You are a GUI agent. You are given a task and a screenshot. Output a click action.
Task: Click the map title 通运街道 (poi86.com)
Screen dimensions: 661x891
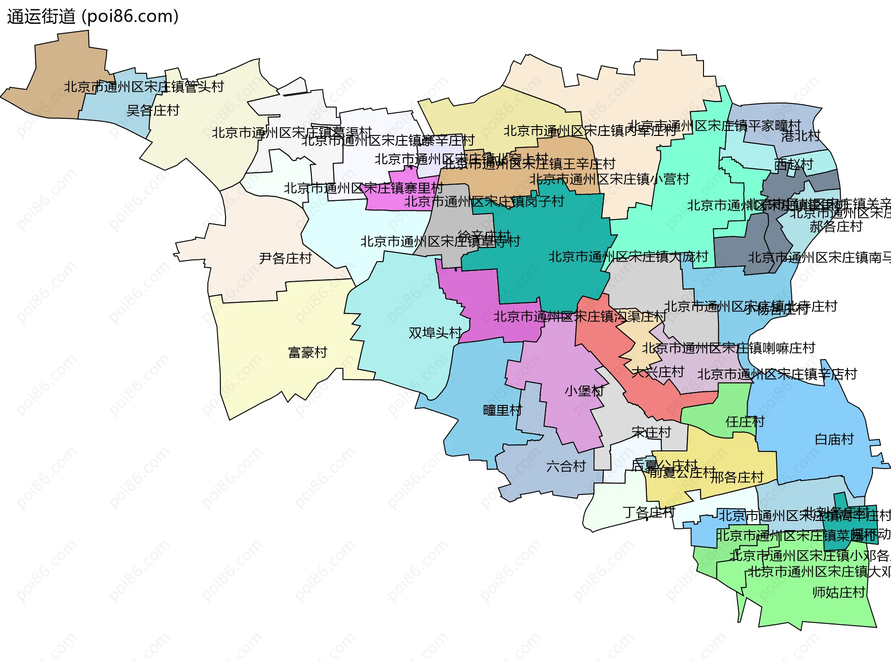[93, 17]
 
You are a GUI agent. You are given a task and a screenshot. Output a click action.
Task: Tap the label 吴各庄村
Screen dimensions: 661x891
[153, 110]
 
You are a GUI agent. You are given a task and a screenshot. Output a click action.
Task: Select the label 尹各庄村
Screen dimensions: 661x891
[285, 258]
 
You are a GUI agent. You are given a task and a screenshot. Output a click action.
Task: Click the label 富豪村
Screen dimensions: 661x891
[308, 353]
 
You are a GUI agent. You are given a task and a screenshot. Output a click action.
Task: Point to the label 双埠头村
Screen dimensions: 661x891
[435, 333]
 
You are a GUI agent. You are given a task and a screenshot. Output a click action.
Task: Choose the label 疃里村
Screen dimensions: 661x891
[503, 411]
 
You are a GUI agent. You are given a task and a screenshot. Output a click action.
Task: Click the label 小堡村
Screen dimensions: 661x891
[584, 391]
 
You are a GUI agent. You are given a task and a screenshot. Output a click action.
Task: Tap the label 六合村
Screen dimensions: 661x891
[566, 466]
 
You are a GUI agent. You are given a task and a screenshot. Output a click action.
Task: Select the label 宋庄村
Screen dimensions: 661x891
[651, 433]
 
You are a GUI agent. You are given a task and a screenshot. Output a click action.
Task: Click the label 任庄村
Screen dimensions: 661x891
[745, 422]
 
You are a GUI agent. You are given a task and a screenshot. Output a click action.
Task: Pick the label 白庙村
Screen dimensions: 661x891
[834, 439]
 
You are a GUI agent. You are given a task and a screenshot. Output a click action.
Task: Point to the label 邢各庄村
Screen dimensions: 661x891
[737, 477]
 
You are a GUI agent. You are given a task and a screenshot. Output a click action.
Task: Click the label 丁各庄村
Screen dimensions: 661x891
[649, 513]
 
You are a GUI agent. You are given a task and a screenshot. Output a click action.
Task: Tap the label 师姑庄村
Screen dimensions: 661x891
[839, 592]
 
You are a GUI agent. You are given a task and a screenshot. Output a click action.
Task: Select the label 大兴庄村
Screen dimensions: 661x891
[658, 372]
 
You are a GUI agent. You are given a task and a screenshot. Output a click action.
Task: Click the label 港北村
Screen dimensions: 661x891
[801, 136]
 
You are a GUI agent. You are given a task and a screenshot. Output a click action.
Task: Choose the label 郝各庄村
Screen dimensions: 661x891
[836, 227]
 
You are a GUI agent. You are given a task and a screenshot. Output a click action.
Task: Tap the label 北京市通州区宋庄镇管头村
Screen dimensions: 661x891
[144, 87]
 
